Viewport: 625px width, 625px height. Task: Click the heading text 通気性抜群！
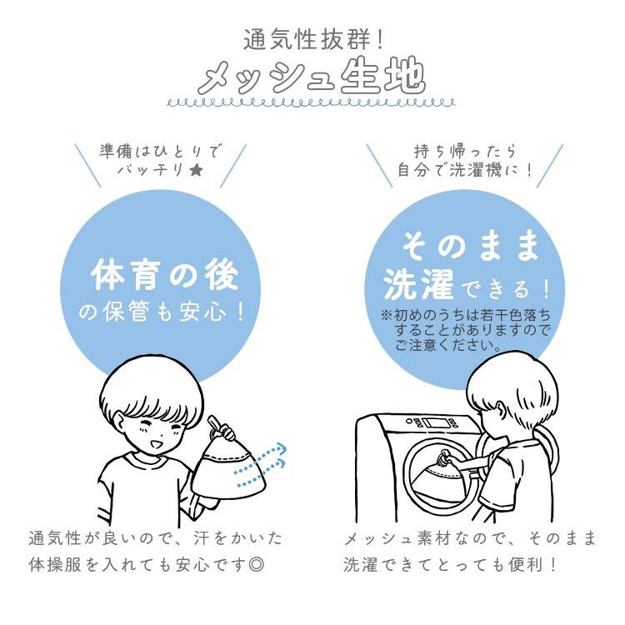coord(313,40)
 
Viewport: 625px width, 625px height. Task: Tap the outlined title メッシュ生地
coord(312,76)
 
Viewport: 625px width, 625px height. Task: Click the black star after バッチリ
coord(195,171)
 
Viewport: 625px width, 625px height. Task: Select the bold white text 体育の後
coord(165,275)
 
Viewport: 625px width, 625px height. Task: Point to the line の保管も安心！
coord(162,312)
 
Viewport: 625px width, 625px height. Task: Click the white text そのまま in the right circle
coord(470,246)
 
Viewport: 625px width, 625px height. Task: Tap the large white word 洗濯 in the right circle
coord(418,283)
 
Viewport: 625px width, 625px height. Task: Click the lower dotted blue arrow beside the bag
coord(261,474)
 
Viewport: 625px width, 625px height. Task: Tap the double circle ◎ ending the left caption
coord(256,565)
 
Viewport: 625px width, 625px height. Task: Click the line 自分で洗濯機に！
coord(465,171)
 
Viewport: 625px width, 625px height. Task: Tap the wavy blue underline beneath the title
coord(312,103)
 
